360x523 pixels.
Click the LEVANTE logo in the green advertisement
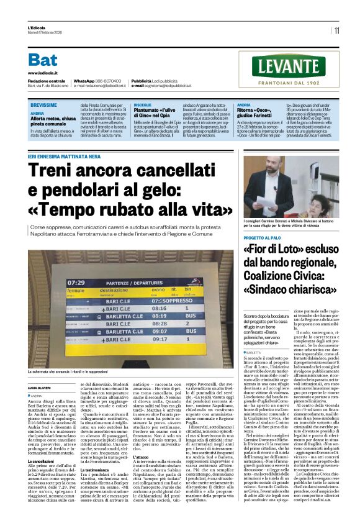point(293,67)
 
